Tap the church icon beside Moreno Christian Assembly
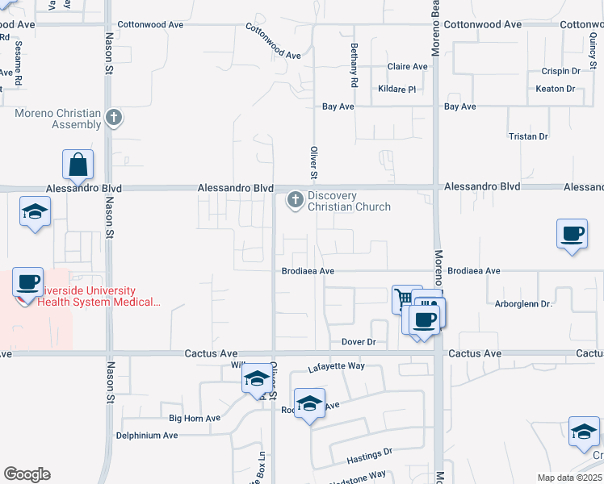[114, 118]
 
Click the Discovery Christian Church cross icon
[296, 199]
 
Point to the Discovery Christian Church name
[349, 201]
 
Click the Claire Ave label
[407, 67]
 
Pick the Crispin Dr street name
[561, 72]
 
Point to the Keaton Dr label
[556, 89]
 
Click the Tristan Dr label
[529, 137]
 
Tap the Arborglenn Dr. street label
[522, 304]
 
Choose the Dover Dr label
[359, 342]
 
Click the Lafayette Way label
[336, 367]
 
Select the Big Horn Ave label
[194, 418]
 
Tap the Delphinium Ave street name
[147, 435]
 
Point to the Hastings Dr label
[370, 457]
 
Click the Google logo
[27, 474]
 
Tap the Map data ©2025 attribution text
[569, 478]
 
